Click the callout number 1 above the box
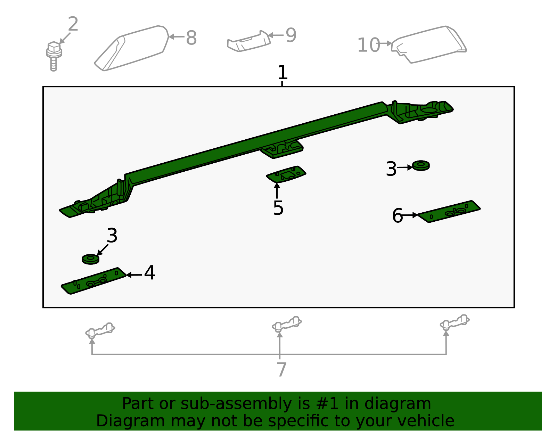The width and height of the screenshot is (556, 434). click(x=282, y=72)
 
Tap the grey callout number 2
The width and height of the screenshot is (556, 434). click(x=73, y=24)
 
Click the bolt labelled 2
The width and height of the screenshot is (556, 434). click(x=54, y=56)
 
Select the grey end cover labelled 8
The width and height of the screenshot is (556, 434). click(x=131, y=48)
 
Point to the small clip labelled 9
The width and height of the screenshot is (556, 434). click(x=249, y=41)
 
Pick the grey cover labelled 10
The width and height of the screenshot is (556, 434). click(x=429, y=44)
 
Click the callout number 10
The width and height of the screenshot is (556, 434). click(x=369, y=45)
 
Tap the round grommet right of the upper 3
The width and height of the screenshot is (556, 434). click(x=421, y=166)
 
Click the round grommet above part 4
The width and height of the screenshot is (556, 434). click(x=91, y=259)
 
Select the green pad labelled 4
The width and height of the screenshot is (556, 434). click(x=93, y=281)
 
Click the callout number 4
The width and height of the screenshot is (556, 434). click(x=149, y=273)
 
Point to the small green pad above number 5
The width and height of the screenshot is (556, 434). click(x=286, y=174)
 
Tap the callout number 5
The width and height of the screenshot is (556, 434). click(x=278, y=208)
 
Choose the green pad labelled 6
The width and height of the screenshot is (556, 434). click(x=449, y=212)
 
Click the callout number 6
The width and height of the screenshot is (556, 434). click(x=397, y=215)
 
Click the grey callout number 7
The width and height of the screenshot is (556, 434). click(x=281, y=369)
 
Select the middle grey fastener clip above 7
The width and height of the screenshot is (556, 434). click(x=287, y=324)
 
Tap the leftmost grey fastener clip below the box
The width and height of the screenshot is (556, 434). click(x=100, y=330)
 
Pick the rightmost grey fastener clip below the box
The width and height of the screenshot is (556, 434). click(x=455, y=322)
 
